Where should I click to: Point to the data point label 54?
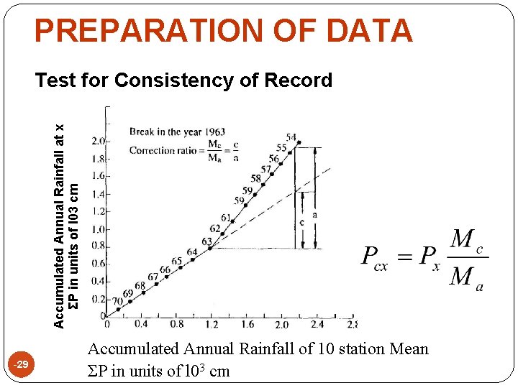coord(291,137)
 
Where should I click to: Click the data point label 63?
coord(207,242)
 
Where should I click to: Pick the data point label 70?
coord(117,300)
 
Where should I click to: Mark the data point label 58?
coord(256,178)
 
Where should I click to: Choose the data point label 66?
coord(165,269)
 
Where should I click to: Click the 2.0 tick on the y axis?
coord(99,141)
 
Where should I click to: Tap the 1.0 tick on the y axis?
coord(99,229)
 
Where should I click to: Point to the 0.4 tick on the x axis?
coord(141,324)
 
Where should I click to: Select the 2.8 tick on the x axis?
coord(352,324)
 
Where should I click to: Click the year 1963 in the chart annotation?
coord(214,132)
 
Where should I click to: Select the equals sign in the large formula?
coord(408,257)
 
